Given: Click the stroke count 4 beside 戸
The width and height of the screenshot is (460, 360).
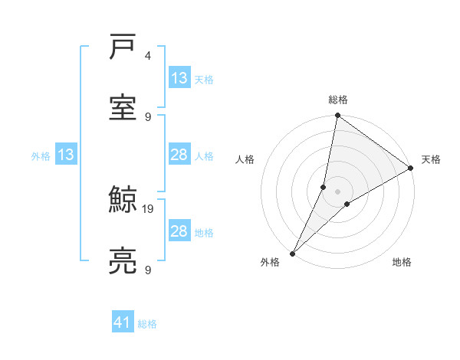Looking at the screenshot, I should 147,56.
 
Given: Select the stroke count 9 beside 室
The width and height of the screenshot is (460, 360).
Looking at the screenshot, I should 148,116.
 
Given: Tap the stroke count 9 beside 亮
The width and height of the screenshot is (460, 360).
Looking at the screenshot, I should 148,270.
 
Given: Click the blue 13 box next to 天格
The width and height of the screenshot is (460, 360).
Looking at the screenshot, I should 179,78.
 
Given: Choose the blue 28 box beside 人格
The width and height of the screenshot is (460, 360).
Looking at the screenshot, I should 179,155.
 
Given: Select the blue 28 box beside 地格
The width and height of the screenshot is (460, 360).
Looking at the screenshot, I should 179,231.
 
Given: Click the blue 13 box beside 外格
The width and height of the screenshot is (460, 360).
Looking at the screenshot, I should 66,155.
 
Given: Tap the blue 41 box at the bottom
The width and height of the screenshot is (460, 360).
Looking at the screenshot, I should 123,322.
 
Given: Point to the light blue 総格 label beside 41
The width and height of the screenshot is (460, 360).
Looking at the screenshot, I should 147,324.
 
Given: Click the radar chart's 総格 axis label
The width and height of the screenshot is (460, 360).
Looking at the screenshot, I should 338,100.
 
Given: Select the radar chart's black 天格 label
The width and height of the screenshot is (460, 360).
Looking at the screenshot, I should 431,159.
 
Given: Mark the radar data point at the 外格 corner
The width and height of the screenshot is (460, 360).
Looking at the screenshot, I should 292,254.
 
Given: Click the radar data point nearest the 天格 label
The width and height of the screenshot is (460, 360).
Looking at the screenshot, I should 411,169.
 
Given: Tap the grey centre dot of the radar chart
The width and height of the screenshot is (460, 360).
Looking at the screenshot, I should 338,191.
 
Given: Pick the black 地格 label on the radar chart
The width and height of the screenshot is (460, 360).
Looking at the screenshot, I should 402,262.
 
